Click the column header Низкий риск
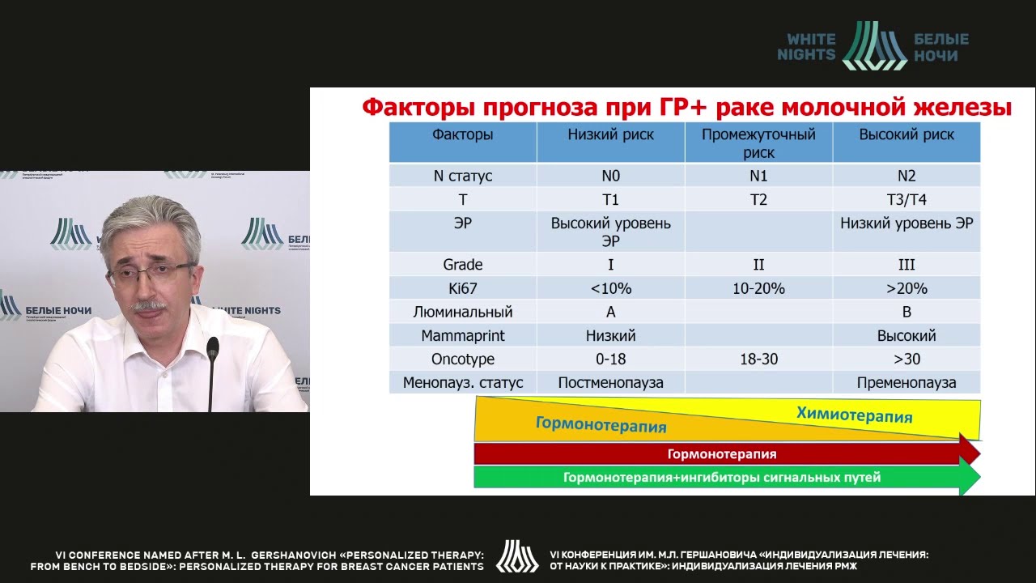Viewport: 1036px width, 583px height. click(610, 134)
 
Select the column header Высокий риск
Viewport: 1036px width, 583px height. click(906, 134)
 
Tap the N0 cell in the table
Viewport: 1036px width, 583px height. click(610, 176)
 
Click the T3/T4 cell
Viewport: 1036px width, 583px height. click(906, 199)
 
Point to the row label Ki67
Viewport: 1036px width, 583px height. click(462, 288)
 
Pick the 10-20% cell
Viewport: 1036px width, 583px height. click(758, 288)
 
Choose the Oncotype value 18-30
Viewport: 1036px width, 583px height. click(758, 359)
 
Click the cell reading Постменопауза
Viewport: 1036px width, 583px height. click(610, 382)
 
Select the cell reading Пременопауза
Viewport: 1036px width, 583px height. click(906, 382)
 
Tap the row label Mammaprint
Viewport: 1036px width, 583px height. click(462, 335)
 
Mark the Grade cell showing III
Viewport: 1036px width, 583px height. click(906, 265)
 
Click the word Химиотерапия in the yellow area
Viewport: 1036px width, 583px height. click(854, 415)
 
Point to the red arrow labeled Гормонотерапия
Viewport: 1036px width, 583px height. click(722, 454)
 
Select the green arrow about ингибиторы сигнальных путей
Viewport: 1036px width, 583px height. click(722, 478)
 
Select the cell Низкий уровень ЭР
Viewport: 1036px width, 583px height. click(906, 223)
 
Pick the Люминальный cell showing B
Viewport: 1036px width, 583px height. click(906, 312)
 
